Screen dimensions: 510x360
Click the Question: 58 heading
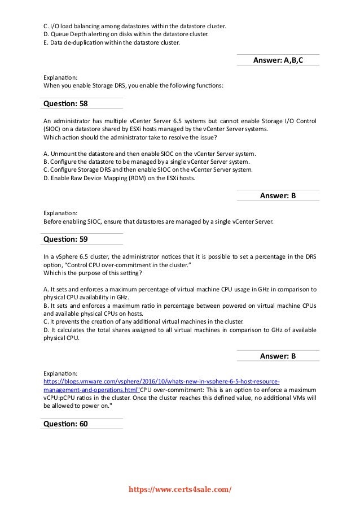click(x=65, y=104)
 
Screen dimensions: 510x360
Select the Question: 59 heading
click(x=65, y=239)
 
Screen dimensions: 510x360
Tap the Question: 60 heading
click(x=65, y=424)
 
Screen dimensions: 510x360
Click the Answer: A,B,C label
click(x=278, y=59)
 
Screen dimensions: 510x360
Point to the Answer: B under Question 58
click(x=278, y=195)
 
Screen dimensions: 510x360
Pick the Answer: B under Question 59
click(x=278, y=356)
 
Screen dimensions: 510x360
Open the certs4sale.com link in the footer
click(x=179, y=490)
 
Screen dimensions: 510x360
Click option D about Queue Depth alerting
click(x=126, y=33)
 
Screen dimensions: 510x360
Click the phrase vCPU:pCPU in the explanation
click(x=60, y=398)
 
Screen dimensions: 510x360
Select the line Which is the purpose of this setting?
click(x=93, y=273)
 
